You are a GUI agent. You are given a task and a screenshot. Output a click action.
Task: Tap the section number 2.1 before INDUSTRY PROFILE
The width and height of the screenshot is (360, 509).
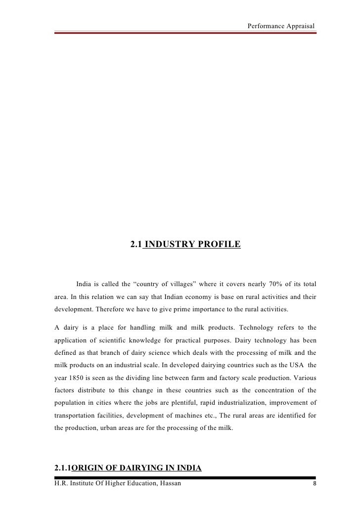click(x=136, y=244)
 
